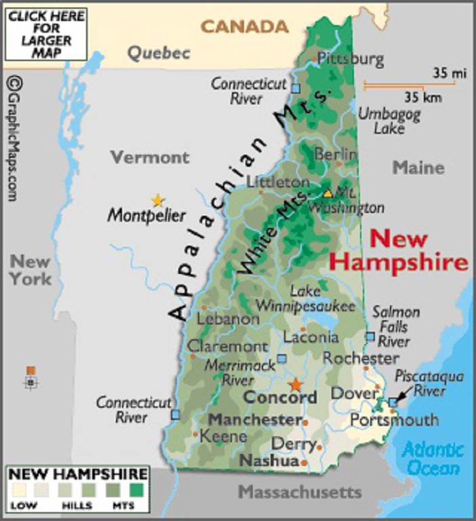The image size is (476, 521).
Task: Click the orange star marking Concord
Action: pyautogui.click(x=296, y=384)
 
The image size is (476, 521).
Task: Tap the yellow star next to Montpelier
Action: pyautogui.click(x=158, y=200)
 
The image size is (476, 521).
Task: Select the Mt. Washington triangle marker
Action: pyautogui.click(x=328, y=193)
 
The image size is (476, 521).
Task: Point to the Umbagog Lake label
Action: pyautogui.click(x=389, y=120)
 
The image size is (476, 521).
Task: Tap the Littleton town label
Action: pyautogui.click(x=278, y=182)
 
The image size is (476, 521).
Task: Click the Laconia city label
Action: pyautogui.click(x=311, y=336)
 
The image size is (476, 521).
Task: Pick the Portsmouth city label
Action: pyautogui.click(x=394, y=421)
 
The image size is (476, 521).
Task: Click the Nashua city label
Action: pyautogui.click(x=269, y=461)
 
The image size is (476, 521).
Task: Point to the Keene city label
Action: pyautogui.click(x=224, y=436)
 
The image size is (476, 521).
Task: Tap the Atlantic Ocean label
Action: pyautogui.click(x=433, y=459)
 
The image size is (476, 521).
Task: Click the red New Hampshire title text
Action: pyautogui.click(x=399, y=250)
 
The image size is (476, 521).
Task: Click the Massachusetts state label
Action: pyautogui.click(x=300, y=491)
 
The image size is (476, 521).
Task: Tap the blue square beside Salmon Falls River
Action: pyautogui.click(x=370, y=336)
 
